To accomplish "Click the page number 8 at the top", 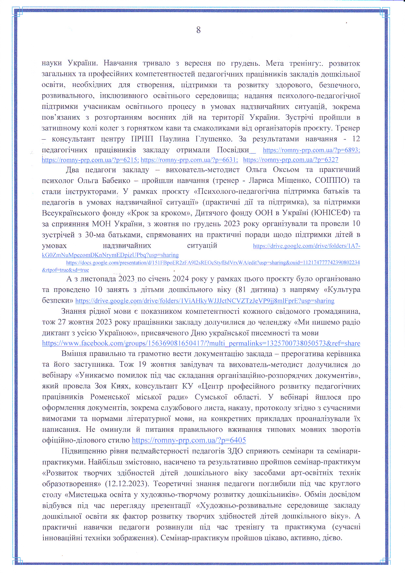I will [x=198, y=30].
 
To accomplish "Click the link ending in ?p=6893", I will [x=311, y=150].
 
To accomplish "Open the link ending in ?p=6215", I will [x=90, y=160].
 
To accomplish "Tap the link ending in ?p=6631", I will [x=189, y=160].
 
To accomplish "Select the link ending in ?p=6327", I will [x=291, y=160].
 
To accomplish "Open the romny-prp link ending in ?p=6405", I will [x=189, y=440].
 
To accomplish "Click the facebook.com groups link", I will [x=201, y=344].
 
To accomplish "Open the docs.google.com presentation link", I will [x=213, y=263].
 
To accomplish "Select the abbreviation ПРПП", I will [x=142, y=139].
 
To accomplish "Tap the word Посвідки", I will [x=233, y=150].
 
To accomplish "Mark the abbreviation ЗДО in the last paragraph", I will [x=235, y=451].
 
